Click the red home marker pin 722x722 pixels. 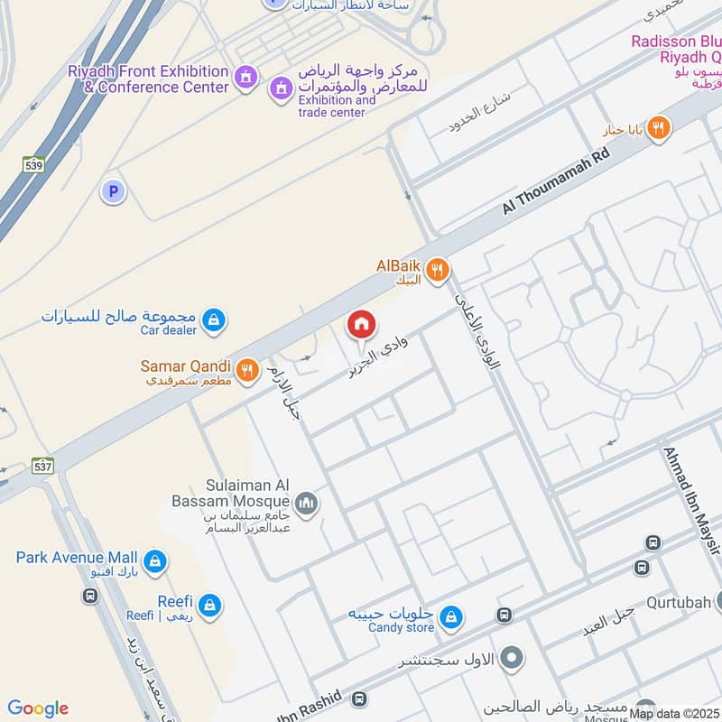(x=361, y=325)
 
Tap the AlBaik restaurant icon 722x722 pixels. (x=438, y=269)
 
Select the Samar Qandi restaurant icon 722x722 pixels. (x=246, y=369)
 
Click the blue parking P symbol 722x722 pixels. (x=113, y=190)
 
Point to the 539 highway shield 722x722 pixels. (x=35, y=164)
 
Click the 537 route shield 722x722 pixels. (x=43, y=466)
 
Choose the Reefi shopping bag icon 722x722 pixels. (x=210, y=606)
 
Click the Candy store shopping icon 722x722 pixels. (x=451, y=618)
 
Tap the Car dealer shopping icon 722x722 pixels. (x=214, y=319)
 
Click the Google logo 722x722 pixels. (x=38, y=708)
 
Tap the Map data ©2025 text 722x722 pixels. (x=673, y=714)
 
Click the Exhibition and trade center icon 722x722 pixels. (x=281, y=88)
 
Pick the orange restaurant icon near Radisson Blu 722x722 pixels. (x=659, y=129)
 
